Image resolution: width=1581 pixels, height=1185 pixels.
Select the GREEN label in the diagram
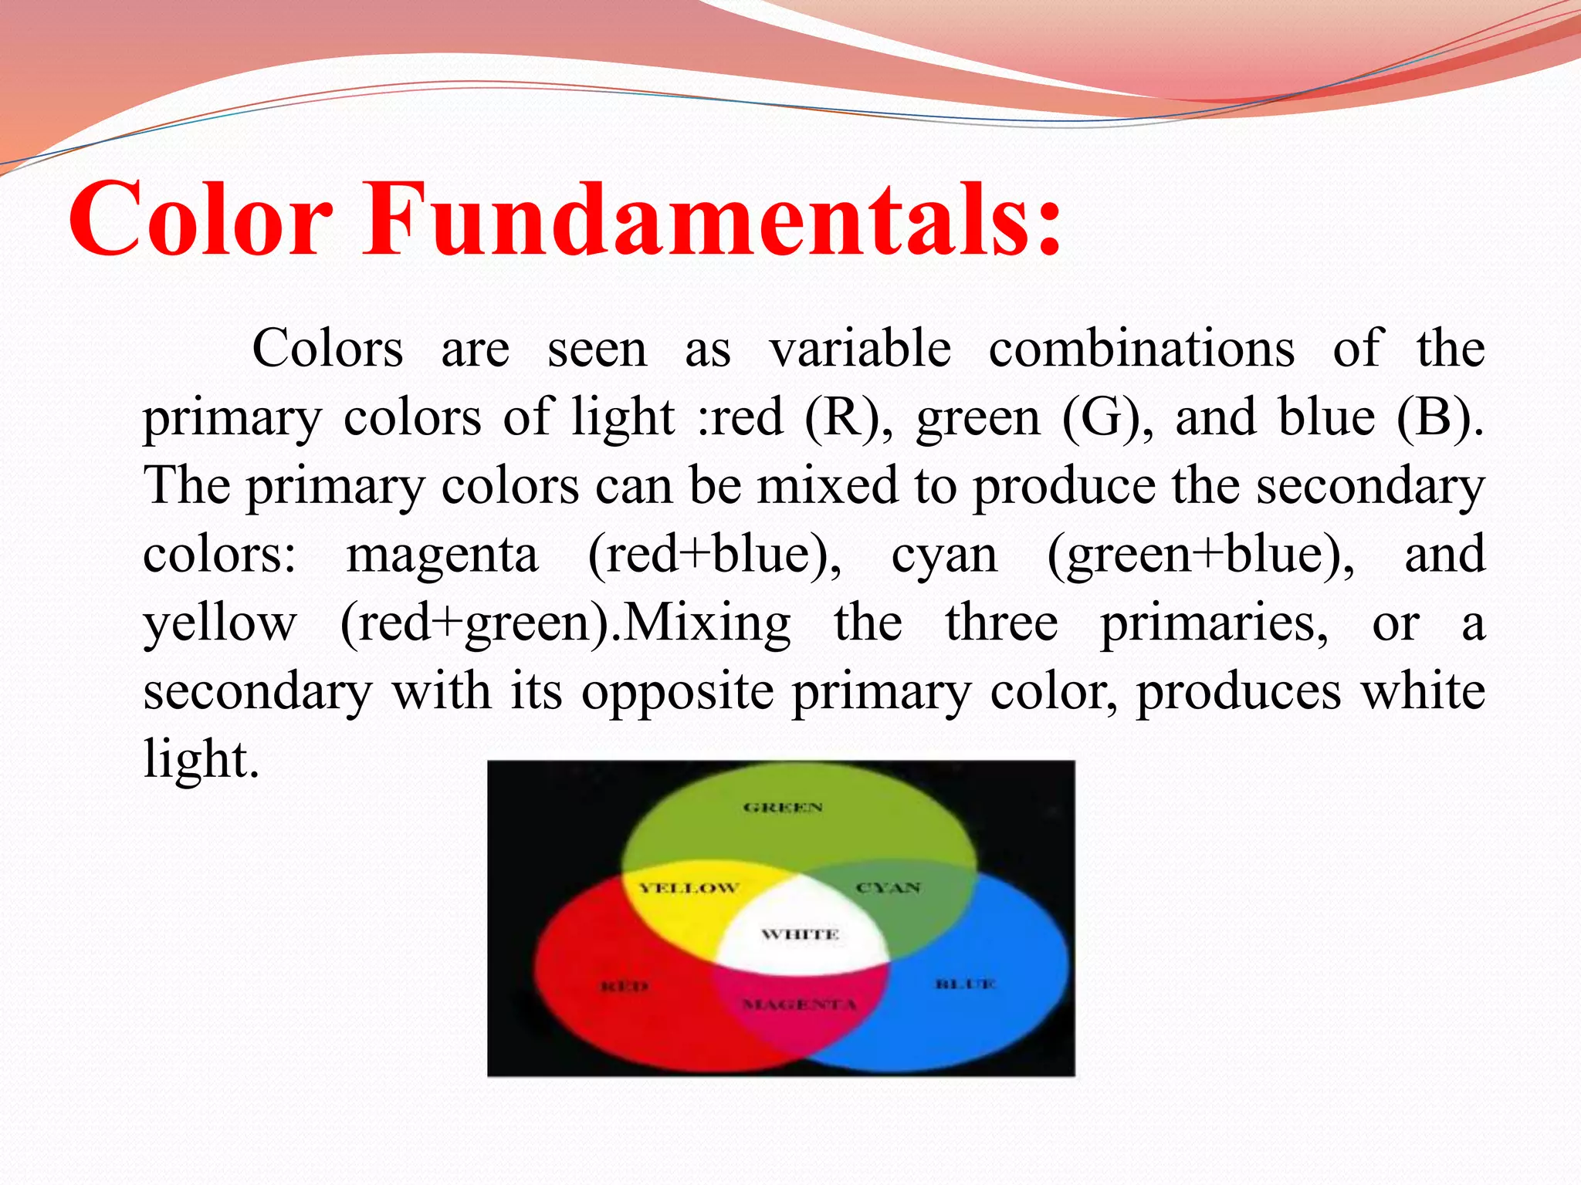[783, 808]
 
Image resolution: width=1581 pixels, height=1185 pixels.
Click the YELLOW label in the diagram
[689, 888]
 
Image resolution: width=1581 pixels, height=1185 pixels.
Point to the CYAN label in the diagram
[889, 888]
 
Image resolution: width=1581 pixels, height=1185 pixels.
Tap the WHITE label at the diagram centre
[800, 935]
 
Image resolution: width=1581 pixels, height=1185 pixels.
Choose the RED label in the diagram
[625, 987]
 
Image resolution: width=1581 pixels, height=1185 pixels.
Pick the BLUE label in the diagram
[966, 984]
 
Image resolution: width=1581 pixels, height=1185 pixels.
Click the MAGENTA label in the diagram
[800, 1004]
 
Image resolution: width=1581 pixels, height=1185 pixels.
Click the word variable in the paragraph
[860, 349]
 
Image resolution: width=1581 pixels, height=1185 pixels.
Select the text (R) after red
[848, 417]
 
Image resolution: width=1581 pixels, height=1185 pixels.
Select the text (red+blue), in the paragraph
[714, 554]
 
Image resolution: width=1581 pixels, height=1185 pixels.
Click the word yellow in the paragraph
[220, 623]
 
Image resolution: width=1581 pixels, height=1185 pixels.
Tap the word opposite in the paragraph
[677, 691]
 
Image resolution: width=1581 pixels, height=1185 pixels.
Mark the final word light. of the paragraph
[201, 760]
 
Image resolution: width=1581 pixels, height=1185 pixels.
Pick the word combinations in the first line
[1141, 349]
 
